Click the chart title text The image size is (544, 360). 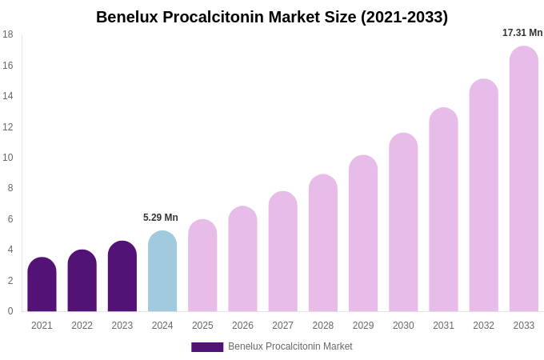[x=272, y=17]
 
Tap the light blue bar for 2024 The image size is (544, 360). [x=162, y=272]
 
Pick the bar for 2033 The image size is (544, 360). [x=524, y=179]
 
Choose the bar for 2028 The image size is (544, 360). [x=323, y=243]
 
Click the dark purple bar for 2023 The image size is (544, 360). [x=122, y=277]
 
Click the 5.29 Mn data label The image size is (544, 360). [x=161, y=218]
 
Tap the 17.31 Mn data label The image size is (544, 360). [x=522, y=33]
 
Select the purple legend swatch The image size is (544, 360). [x=207, y=347]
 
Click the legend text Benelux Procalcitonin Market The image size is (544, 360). [x=290, y=346]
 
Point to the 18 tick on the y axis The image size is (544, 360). [x=8, y=34]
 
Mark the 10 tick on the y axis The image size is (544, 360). [x=8, y=158]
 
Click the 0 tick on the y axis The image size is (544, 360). [x=10, y=311]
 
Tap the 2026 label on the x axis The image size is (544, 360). [x=242, y=326]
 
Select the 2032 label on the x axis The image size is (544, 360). [x=483, y=326]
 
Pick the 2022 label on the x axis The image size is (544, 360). [x=82, y=326]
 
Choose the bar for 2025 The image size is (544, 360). [x=202, y=266]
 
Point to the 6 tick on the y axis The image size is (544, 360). [x=10, y=219]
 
